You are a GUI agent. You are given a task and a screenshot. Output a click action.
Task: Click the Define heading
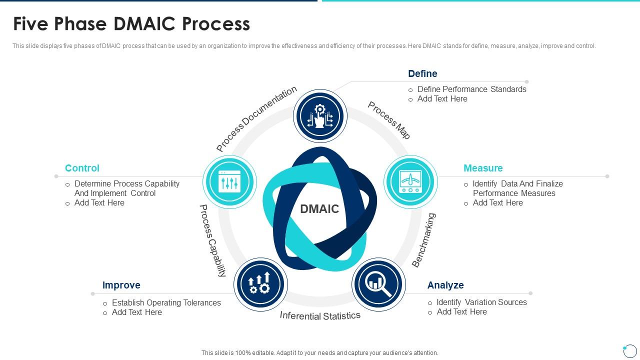[x=422, y=73]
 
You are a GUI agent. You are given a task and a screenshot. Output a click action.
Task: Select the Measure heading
[x=482, y=168]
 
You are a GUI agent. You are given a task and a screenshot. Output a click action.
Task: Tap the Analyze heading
[x=445, y=285]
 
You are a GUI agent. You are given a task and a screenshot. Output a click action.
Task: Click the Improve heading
[x=121, y=285]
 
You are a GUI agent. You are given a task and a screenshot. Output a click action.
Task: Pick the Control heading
[x=82, y=168]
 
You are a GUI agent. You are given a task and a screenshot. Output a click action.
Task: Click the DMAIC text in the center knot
[x=319, y=209]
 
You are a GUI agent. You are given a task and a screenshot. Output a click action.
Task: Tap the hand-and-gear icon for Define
[x=320, y=116]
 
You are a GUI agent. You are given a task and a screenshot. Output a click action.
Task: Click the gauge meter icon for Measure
[x=410, y=181]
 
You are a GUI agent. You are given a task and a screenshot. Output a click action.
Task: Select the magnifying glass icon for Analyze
[x=378, y=284]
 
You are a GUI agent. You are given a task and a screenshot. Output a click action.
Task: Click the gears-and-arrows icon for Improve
[x=260, y=284]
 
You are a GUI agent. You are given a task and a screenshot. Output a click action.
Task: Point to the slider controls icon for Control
[x=229, y=181]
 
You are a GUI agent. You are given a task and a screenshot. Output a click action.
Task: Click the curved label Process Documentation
[x=256, y=119]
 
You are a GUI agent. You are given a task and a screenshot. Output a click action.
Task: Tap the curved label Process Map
[x=389, y=120]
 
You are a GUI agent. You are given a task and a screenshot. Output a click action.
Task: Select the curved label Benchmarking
[x=424, y=240]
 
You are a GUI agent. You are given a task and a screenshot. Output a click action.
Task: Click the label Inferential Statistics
[x=320, y=315]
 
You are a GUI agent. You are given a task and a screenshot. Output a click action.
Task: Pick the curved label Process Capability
[x=212, y=240]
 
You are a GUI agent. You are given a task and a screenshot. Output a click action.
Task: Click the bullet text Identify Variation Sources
[x=481, y=302]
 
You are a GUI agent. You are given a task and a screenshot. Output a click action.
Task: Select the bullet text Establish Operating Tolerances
[x=166, y=302]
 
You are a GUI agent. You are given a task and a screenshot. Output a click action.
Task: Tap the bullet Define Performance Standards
[x=471, y=89]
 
